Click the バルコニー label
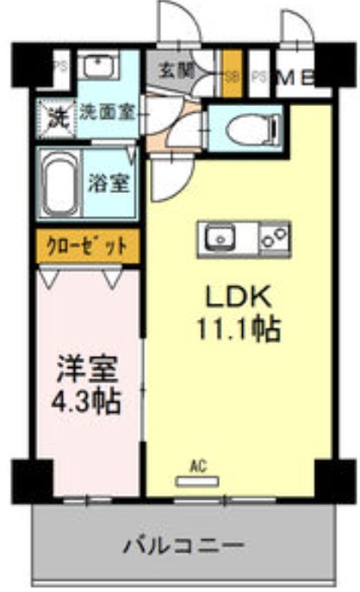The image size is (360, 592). (x=182, y=545)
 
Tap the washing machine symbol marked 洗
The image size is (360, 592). (x=56, y=114)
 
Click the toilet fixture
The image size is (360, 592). (x=246, y=130)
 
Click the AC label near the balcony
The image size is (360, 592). (x=198, y=468)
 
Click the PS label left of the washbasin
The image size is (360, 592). (x=60, y=64)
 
